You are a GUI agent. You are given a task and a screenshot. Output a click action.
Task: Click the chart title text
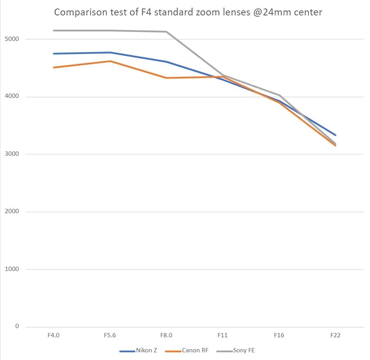click(188, 12)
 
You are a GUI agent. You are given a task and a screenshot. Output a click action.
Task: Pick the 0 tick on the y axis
click(17, 326)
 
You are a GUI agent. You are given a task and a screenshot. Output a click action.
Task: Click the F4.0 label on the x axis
click(53, 335)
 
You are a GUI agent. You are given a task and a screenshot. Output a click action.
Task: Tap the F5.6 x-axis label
click(110, 335)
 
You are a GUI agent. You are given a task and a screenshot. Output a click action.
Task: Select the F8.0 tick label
click(166, 335)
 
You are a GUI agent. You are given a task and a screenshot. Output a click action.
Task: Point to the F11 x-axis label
click(223, 335)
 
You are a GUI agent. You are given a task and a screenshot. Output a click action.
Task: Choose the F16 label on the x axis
click(279, 335)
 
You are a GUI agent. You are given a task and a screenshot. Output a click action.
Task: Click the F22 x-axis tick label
click(335, 335)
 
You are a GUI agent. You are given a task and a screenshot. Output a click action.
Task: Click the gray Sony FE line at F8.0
click(166, 32)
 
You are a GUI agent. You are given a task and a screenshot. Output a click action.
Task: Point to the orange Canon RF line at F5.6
click(110, 61)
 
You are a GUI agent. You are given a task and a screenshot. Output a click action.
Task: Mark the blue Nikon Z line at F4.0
click(54, 54)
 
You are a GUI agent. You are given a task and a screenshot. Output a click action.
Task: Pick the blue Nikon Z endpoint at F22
click(335, 135)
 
